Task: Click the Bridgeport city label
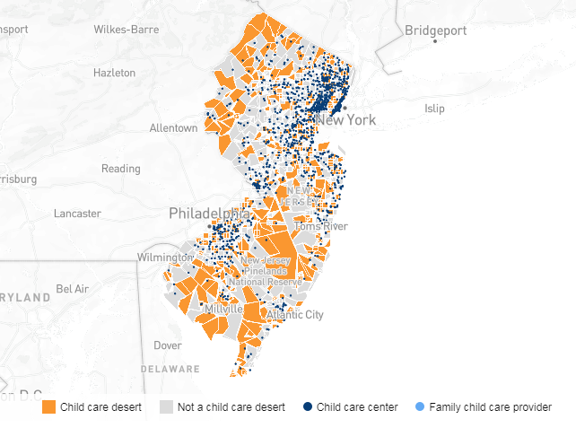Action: pyautogui.click(x=435, y=30)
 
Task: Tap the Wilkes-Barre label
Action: pyautogui.click(x=127, y=30)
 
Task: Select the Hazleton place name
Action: pyautogui.click(x=114, y=73)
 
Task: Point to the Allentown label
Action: pyautogui.click(x=173, y=128)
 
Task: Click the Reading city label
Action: pyautogui.click(x=120, y=169)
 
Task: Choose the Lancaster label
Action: pyautogui.click(x=77, y=214)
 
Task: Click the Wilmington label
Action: pyautogui.click(x=164, y=258)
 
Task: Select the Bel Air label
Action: pyautogui.click(x=72, y=289)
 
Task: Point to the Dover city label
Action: pyautogui.click(x=168, y=345)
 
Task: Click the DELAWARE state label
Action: pyautogui.click(x=170, y=369)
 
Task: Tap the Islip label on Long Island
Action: pyautogui.click(x=434, y=109)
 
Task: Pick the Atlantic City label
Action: pyautogui.click(x=294, y=315)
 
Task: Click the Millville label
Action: pyautogui.click(x=223, y=309)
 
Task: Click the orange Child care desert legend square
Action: pyautogui.click(x=49, y=407)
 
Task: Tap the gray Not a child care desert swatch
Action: pyautogui.click(x=166, y=407)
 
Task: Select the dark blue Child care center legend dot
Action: pyautogui.click(x=307, y=407)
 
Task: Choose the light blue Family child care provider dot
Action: pyautogui.click(x=419, y=407)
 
